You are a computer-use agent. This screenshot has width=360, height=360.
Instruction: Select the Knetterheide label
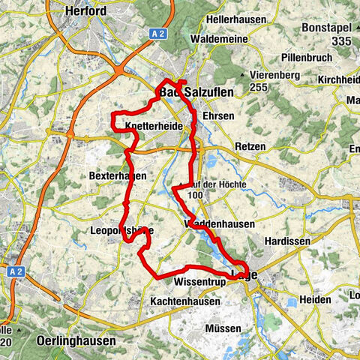point(153,126)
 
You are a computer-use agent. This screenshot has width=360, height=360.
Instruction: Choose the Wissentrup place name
point(195,283)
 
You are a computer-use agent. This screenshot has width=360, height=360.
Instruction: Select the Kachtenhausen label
point(185,301)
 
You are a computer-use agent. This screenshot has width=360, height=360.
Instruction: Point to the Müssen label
point(223,328)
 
